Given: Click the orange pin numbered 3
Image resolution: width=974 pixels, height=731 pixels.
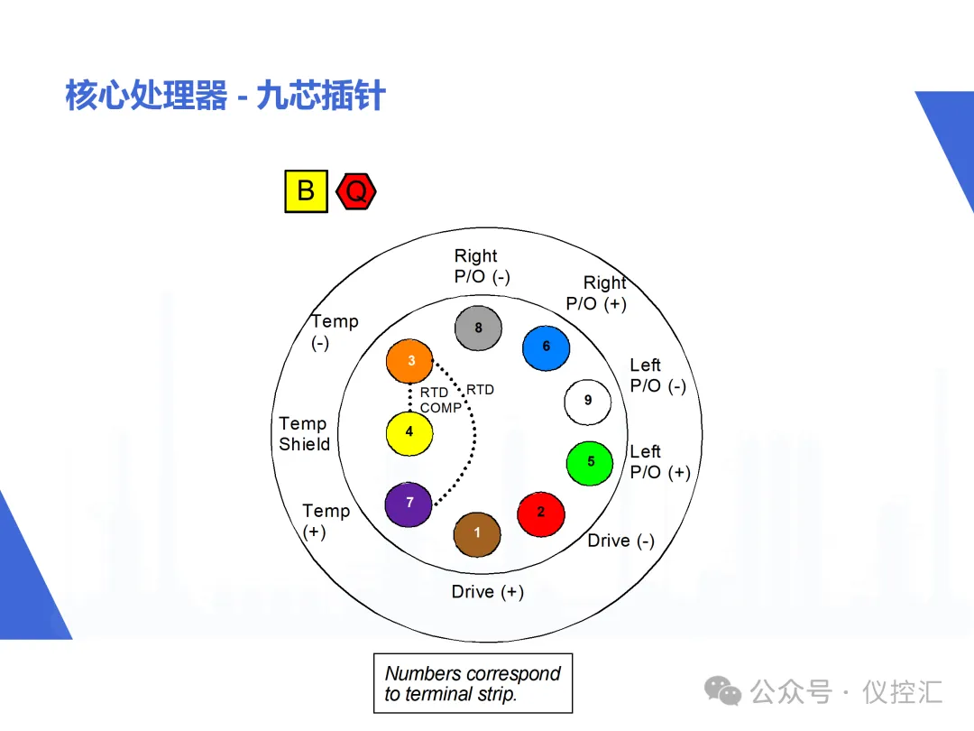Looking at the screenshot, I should click(409, 361).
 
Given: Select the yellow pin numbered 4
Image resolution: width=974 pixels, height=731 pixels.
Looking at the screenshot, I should click(409, 432).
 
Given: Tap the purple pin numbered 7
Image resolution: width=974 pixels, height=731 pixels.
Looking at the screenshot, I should click(409, 504).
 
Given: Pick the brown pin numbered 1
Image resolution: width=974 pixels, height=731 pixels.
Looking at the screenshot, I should click(477, 533).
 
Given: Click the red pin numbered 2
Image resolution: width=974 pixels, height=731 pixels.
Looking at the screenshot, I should click(541, 513).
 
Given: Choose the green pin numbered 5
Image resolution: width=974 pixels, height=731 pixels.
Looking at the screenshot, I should click(590, 462).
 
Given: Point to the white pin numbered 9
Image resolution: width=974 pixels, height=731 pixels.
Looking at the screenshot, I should click(588, 401).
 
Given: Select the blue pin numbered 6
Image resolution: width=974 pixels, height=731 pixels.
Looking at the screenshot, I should click(547, 347).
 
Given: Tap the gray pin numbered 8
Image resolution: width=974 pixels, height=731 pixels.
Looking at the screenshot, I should click(478, 328).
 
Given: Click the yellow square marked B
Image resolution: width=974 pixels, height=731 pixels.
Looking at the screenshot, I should click(307, 190).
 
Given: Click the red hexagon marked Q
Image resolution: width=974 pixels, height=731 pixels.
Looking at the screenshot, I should click(356, 191).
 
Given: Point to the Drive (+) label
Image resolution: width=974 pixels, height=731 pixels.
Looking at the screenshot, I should click(487, 592).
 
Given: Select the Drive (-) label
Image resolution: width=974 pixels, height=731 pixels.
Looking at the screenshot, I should click(620, 541).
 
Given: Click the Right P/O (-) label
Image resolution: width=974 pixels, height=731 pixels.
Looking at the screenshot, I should click(481, 266).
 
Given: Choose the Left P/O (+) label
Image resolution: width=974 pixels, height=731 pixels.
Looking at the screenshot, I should click(659, 462).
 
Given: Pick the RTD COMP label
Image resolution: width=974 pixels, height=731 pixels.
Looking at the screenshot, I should click(439, 401).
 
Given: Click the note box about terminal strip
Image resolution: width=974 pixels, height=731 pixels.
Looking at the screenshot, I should click(473, 683).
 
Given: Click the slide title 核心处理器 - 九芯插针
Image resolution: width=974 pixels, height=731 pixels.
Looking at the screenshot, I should click(225, 95).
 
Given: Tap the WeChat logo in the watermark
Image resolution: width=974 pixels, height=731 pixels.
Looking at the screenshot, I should click(722, 691).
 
